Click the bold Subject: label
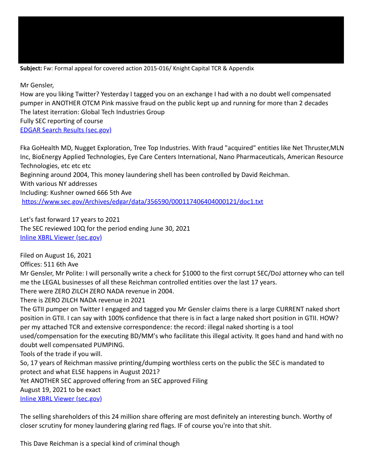31,69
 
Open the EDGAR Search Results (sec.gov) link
66,130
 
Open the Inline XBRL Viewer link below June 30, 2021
61,237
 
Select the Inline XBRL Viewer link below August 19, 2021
61,399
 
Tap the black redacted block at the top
181,40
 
